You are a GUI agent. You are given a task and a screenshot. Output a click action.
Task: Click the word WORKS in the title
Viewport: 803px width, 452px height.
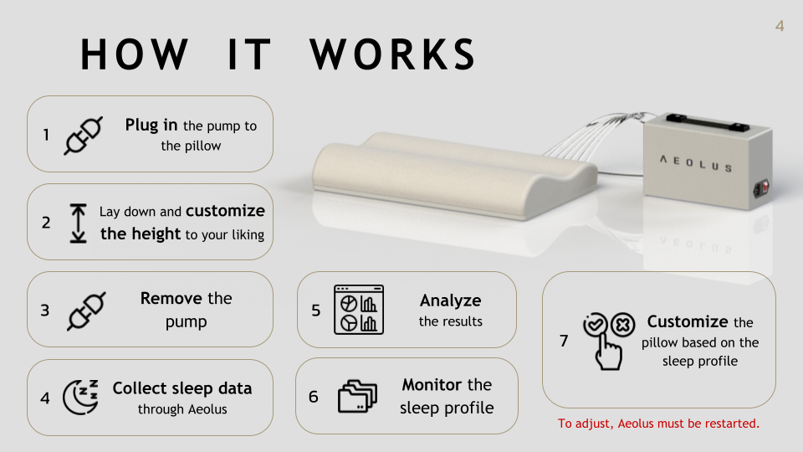[393, 54]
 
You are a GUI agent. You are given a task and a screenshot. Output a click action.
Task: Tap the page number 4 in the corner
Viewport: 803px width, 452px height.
[780, 26]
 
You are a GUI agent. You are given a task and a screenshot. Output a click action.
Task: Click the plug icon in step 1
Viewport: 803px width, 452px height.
[83, 136]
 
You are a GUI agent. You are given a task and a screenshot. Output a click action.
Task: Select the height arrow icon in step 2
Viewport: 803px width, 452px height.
[78, 223]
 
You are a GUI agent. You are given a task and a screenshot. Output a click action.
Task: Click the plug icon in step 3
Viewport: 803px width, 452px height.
[86, 311]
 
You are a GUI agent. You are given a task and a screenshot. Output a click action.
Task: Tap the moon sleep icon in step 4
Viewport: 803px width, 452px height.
[80, 397]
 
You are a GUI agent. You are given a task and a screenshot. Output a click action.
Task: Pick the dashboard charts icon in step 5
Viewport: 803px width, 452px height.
[359, 310]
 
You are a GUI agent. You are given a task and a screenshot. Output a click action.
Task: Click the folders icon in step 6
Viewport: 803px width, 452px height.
[357, 396]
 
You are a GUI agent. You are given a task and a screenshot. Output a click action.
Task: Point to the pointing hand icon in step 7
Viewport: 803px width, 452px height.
[608, 350]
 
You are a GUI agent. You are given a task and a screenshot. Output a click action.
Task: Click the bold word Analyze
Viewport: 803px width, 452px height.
[450, 300]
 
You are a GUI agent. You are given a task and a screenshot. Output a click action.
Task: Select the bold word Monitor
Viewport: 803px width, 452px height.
[432, 384]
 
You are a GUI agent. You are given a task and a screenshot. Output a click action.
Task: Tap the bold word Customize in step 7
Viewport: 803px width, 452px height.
[688, 321]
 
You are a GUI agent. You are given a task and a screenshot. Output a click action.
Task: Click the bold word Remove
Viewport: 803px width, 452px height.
[171, 298]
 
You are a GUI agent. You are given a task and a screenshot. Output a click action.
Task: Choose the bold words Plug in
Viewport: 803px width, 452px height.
[151, 125]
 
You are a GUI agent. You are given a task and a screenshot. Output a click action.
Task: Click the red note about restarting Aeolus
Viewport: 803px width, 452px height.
[658, 424]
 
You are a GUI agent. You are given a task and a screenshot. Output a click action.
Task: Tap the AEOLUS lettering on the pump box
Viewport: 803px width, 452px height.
[695, 163]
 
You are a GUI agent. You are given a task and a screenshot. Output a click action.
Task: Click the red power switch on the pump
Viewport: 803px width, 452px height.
[764, 187]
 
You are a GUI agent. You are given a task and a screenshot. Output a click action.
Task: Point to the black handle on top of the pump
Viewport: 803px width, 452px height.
[708, 123]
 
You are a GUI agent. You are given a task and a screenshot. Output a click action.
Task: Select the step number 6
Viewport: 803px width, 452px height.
[314, 397]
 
